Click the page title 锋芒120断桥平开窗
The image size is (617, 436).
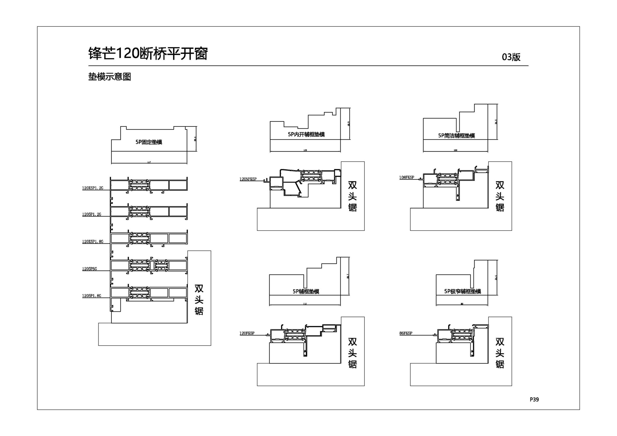[x=148, y=53]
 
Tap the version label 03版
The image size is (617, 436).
[x=511, y=57]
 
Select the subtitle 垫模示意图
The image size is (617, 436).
[x=110, y=77]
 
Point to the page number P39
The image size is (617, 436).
[x=534, y=399]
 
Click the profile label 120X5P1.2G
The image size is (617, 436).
[x=93, y=188]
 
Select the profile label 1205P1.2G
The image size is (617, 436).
[x=92, y=214]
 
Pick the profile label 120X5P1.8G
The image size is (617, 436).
[x=93, y=242]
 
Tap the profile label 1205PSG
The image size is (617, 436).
[x=89, y=269]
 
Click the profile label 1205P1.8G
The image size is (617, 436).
[x=92, y=296]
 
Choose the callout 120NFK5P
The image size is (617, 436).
[x=248, y=179]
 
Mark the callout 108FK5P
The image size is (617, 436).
[x=407, y=178]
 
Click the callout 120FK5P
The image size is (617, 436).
[x=247, y=333]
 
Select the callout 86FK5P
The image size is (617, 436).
[x=406, y=333]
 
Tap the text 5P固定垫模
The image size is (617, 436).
[x=149, y=142]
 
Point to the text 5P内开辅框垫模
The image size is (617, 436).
[x=306, y=135]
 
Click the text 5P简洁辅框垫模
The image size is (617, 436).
[x=456, y=135]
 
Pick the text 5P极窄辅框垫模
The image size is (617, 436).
[x=462, y=291]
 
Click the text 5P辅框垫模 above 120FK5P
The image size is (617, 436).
[x=306, y=291]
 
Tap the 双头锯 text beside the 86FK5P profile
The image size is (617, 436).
[x=500, y=353]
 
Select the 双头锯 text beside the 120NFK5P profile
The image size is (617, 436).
[x=353, y=196]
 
